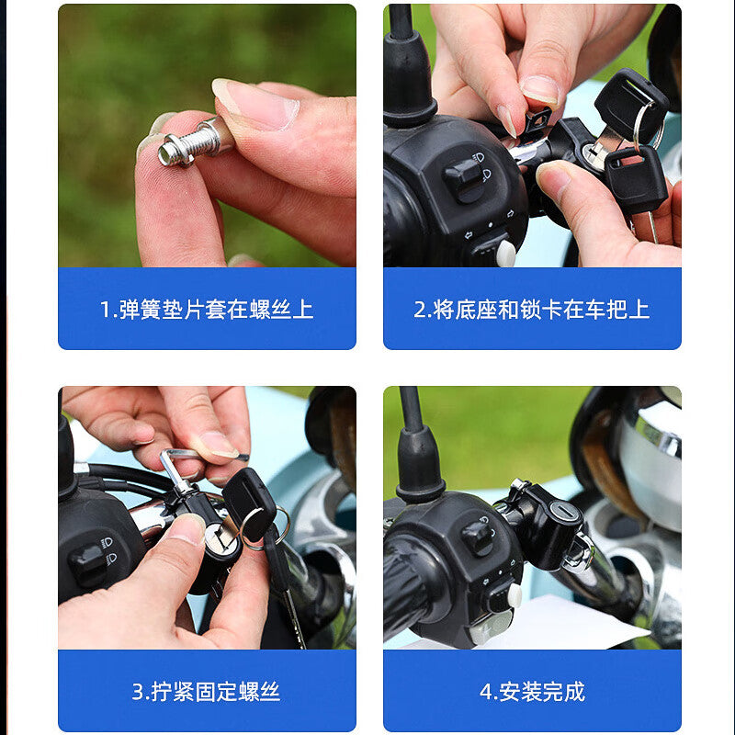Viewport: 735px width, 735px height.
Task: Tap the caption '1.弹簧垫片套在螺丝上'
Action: (207, 310)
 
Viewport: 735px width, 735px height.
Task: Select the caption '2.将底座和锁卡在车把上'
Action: (532, 310)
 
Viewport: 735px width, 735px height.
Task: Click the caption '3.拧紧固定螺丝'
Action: (206, 692)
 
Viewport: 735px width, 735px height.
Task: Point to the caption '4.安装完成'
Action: (533, 692)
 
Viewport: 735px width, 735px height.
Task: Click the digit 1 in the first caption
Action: (105, 310)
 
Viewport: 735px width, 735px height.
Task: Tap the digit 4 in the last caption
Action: (486, 692)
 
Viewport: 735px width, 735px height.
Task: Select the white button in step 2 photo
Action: (506, 254)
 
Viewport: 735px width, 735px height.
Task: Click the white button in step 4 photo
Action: (514, 595)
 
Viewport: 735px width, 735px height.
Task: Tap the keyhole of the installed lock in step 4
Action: (564, 510)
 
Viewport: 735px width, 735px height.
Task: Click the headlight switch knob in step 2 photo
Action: (463, 179)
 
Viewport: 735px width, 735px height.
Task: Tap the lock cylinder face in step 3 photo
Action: (220, 538)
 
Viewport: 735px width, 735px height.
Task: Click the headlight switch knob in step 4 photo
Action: (477, 537)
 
